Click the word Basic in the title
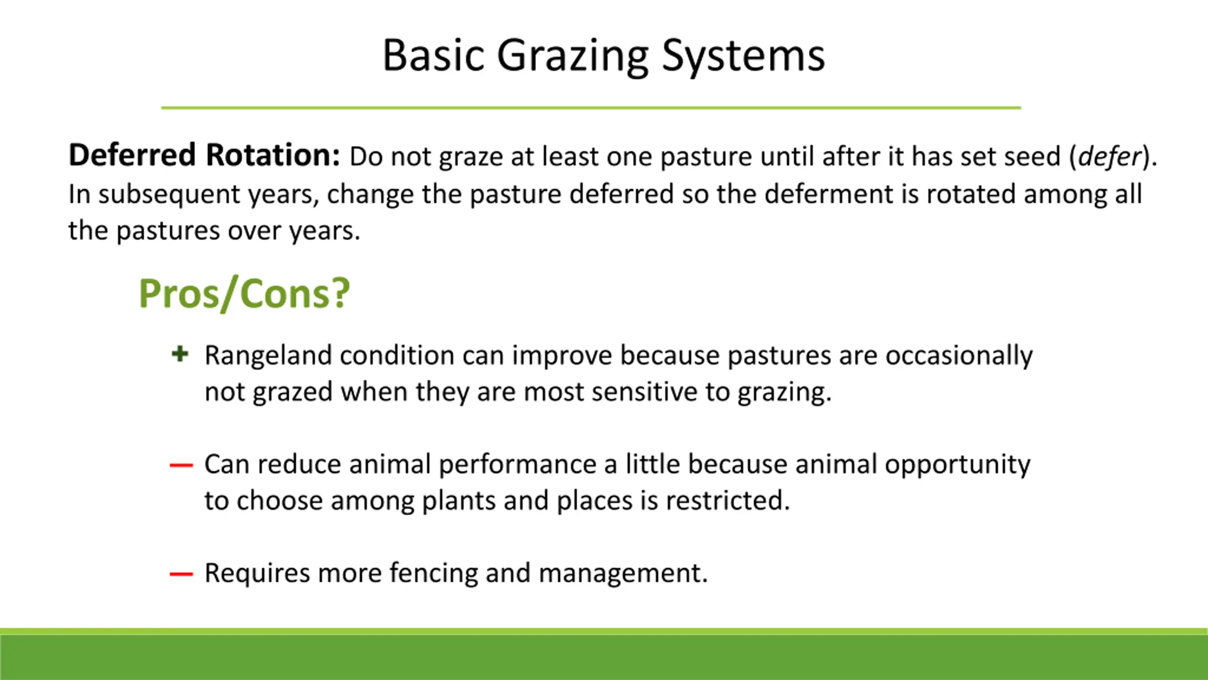click(x=433, y=56)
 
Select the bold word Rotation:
click(x=273, y=155)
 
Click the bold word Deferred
click(x=132, y=155)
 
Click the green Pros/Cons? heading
click(x=244, y=294)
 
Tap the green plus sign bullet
click(x=180, y=354)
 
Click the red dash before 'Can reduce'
click(x=181, y=466)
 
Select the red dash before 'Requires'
click(x=181, y=574)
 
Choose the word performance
click(x=518, y=465)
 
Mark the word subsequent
click(x=169, y=195)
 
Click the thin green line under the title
click(x=591, y=108)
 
